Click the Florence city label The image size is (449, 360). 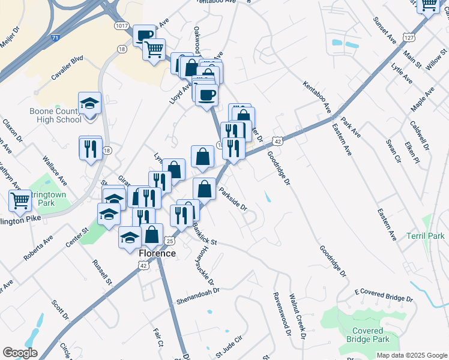tap(157, 253)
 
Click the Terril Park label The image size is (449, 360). tap(424, 236)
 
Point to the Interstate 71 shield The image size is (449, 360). tap(56, 38)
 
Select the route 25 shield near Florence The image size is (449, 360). tap(170, 241)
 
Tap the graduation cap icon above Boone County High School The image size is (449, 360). tap(89, 103)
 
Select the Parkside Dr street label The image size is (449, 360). tap(234, 200)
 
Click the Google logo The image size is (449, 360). tap(20, 353)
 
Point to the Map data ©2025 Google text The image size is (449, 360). tap(411, 355)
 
